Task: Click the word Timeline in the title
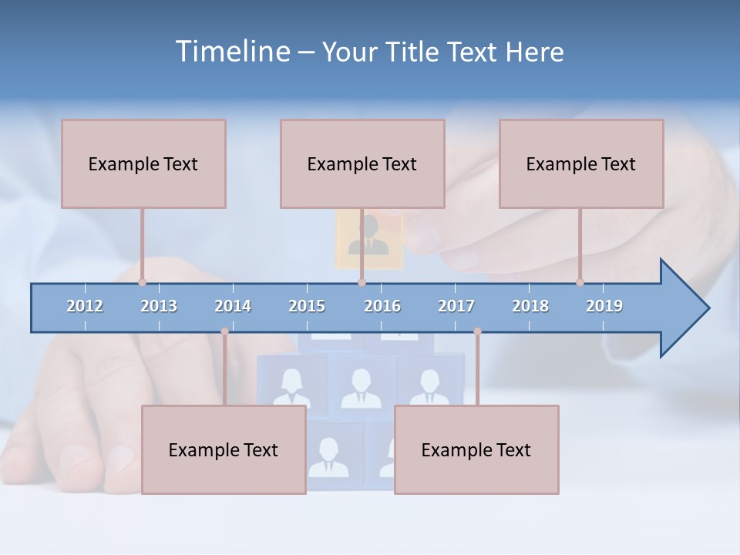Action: coord(232,52)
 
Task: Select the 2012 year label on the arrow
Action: coord(85,306)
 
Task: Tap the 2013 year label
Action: coord(159,306)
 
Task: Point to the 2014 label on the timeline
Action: coord(233,306)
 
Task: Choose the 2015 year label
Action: coord(307,306)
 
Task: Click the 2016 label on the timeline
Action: coord(382,306)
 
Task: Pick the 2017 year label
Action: coord(456,306)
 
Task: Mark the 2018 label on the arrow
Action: coord(530,306)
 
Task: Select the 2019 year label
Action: coord(604,306)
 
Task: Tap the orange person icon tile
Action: coord(369,240)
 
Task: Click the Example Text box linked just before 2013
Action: coord(143,163)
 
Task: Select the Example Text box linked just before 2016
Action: coord(362,163)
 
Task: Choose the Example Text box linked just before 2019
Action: coord(581,163)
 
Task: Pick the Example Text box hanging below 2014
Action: coord(224,449)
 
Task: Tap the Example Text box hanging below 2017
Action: coord(476,449)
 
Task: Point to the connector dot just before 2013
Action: coord(142,282)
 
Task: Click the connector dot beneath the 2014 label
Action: coord(224,331)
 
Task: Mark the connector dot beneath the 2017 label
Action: coord(477,331)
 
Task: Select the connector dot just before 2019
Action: coord(580,282)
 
